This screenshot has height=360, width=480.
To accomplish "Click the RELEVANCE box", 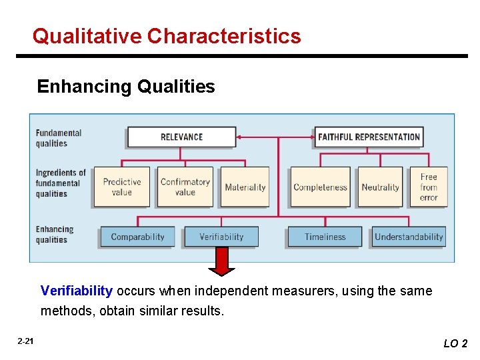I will pyautogui.click(x=181, y=137).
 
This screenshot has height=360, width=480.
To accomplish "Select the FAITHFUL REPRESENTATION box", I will pyautogui.click(x=369, y=137).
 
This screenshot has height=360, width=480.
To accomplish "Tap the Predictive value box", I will pyautogui.click(x=121, y=187).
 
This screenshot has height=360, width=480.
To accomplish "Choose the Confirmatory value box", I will pyautogui.click(x=185, y=187).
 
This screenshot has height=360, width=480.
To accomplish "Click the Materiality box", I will pyautogui.click(x=245, y=187).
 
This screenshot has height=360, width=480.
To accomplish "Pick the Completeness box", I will pyautogui.click(x=320, y=187).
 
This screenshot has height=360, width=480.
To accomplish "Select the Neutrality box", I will pyautogui.click(x=380, y=187).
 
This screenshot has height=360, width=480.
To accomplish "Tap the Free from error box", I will pyautogui.click(x=429, y=187).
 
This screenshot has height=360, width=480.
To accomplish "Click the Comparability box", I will pyautogui.click(x=137, y=237).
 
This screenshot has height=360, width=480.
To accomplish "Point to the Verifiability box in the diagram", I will pyautogui.click(x=221, y=237).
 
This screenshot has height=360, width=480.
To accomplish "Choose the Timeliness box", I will pyautogui.click(x=325, y=237).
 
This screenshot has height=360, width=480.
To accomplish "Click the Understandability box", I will pyautogui.click(x=408, y=237).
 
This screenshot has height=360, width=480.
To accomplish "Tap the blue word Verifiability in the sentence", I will pyautogui.click(x=76, y=291).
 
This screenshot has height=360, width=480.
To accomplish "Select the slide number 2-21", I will pyautogui.click(x=25, y=341).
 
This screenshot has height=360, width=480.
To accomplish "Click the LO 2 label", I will pyautogui.click(x=455, y=343).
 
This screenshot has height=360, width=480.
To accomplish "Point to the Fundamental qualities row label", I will pyautogui.click(x=58, y=138).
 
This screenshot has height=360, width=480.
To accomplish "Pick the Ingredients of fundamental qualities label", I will pyautogui.click(x=61, y=183).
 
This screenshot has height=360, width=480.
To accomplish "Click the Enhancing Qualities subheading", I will pyautogui.click(x=126, y=87).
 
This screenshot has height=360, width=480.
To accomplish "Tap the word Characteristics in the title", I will pyautogui.click(x=224, y=35).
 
